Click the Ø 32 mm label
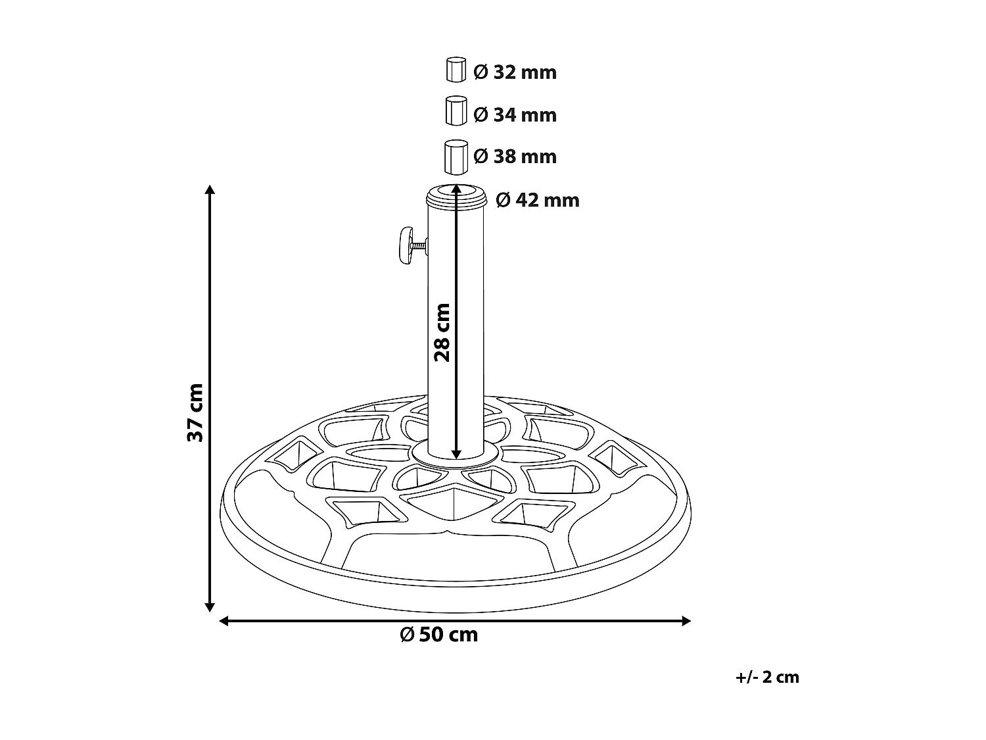tap(515, 72)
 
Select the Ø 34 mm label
tap(515, 115)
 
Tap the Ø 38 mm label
tap(515, 157)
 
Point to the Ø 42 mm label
tap(538, 200)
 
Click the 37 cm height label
tap(195, 412)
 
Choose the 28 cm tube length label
tap(442, 332)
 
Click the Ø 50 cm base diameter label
tap(439, 635)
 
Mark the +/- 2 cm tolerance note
tap(768, 677)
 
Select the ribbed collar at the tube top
tap(456, 196)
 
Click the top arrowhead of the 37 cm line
tap(210, 191)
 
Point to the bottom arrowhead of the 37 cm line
tap(210, 606)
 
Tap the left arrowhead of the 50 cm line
tap(224, 620)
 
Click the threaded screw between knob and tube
tap(419, 247)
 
